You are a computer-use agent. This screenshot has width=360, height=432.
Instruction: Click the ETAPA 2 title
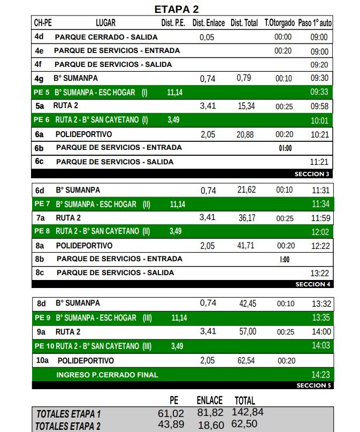176,9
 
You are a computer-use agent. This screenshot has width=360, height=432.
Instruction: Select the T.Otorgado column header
279,23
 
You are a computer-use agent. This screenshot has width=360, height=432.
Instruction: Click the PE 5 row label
42,92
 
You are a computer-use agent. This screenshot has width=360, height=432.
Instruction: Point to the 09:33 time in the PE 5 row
319,92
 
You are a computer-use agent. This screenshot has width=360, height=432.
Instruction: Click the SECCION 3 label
312,174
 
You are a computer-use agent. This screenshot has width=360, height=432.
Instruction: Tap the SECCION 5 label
313,385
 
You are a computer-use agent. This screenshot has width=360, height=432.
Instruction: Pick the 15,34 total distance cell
246,106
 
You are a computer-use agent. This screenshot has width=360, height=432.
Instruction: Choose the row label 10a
42,361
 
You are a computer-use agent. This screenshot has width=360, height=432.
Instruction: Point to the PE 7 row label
42,204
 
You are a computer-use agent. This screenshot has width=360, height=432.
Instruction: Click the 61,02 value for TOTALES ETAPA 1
171,413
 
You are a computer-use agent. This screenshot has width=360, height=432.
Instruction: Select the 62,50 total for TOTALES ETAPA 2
244,425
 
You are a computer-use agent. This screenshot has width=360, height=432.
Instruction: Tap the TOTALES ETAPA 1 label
68,414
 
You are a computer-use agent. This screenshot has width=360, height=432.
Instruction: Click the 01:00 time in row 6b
285,148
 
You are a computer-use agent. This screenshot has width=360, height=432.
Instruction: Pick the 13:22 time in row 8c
320,273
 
